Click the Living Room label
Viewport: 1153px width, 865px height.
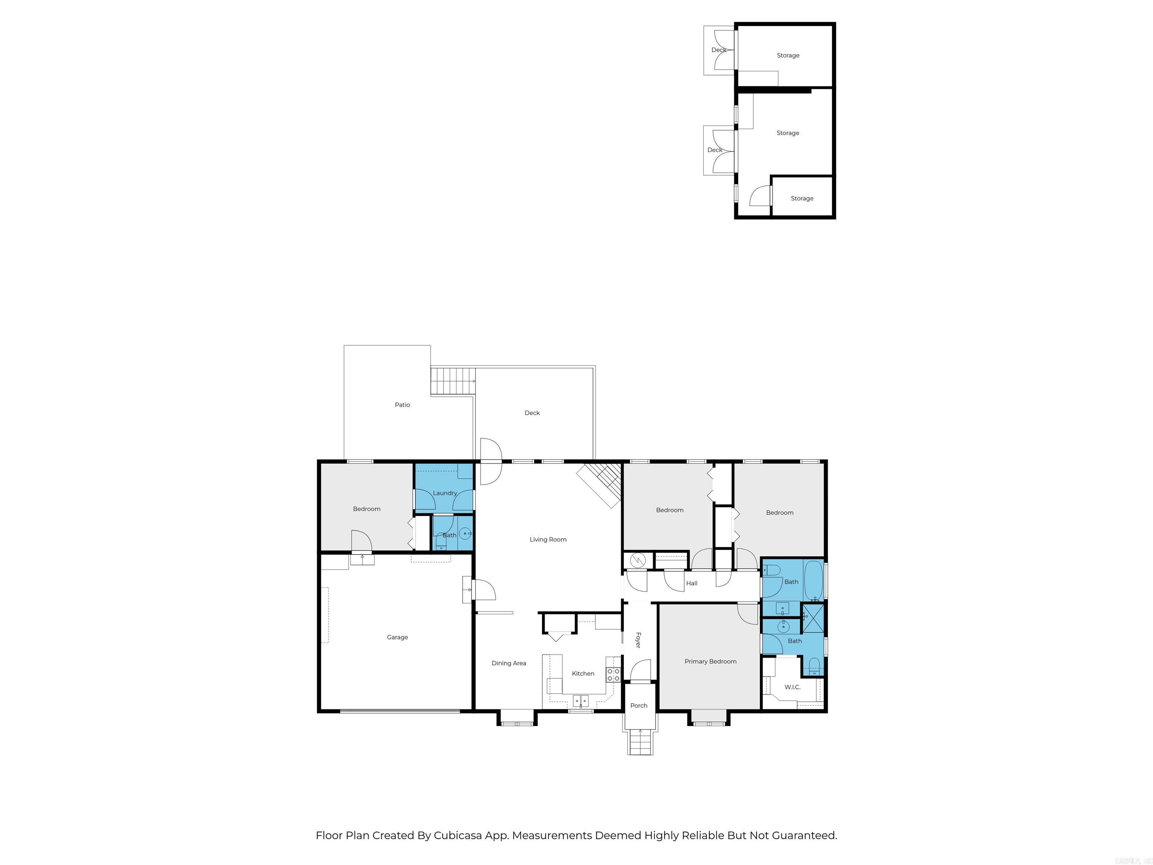548,539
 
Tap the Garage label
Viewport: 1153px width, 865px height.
397,637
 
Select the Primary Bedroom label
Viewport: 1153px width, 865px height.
710,662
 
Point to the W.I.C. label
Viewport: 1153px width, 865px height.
792,687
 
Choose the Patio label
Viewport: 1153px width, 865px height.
402,405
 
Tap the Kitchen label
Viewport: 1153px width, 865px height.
583,674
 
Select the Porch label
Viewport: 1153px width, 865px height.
638,705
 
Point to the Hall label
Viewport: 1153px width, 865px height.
692,583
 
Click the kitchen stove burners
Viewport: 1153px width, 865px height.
613,675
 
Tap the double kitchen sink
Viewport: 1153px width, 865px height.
581,700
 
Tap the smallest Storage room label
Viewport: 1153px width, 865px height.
802,198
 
